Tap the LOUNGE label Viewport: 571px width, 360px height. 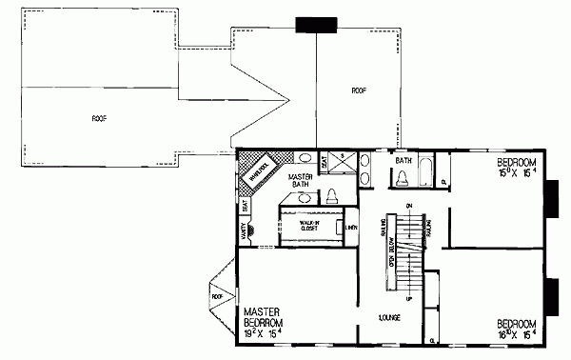pyautogui.click(x=387, y=315)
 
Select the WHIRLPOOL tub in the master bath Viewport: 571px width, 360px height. pyautogui.click(x=260, y=173)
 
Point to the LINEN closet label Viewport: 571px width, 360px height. pyautogui.click(x=351, y=227)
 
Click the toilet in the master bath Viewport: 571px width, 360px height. pyautogui.click(x=331, y=196)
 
